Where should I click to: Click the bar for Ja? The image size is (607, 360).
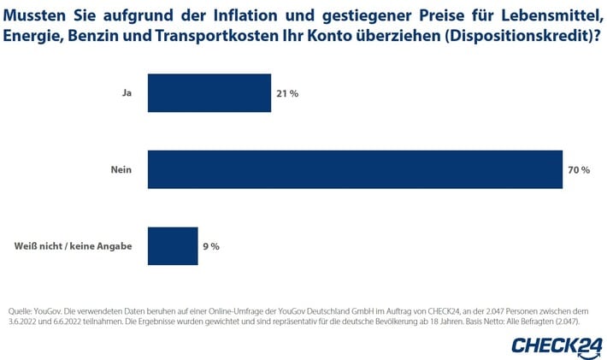click(209, 92)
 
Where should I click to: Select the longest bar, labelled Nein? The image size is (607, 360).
click(355, 169)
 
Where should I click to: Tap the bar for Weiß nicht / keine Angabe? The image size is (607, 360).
click(173, 246)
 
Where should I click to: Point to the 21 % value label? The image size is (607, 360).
click(287, 93)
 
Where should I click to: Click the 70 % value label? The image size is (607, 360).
click(579, 170)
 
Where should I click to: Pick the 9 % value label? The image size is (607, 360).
click(210, 246)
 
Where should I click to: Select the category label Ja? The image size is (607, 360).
click(127, 93)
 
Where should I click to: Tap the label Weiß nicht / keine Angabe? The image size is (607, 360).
click(73, 246)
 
